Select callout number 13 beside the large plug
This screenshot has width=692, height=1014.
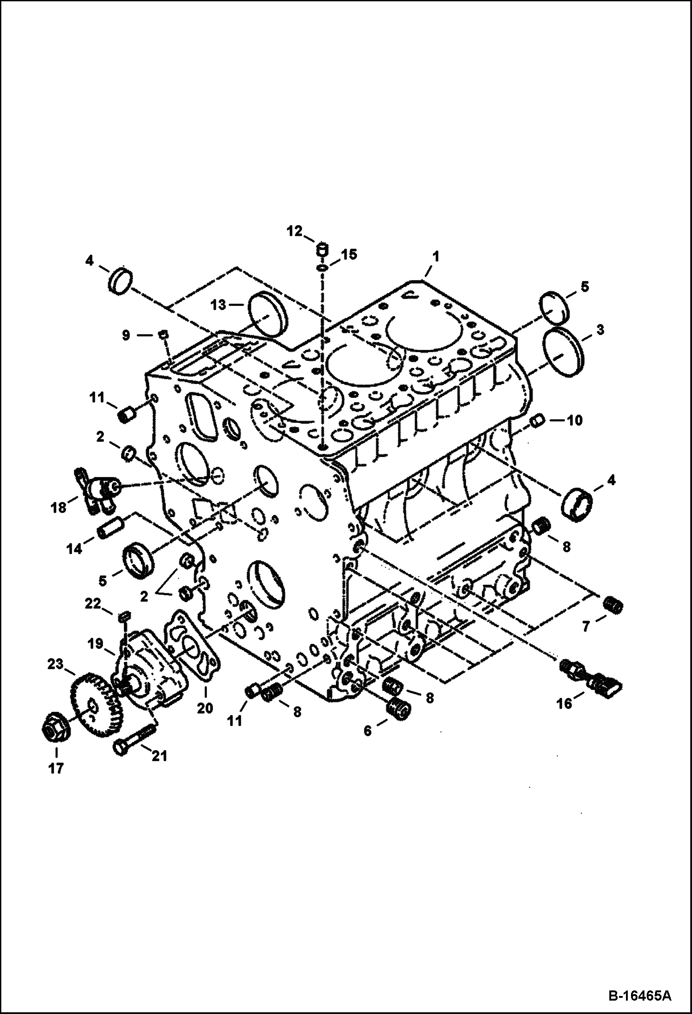coord(220,305)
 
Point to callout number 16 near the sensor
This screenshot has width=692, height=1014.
coord(565,703)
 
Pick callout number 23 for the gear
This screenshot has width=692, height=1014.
coord(56,664)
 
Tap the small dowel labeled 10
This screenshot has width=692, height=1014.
coord(536,421)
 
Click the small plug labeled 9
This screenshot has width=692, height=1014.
coord(162,334)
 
